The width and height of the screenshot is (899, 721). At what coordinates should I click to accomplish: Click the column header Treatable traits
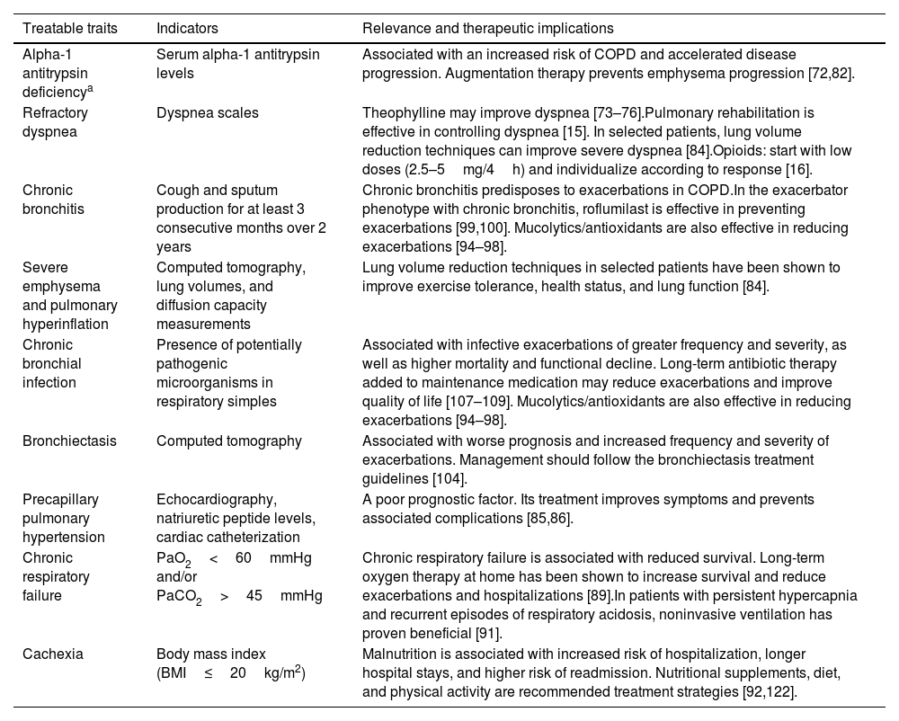(x=70, y=28)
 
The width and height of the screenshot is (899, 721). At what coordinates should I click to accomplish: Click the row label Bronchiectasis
(x=69, y=441)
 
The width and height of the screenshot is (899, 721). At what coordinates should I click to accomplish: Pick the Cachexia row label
(x=53, y=654)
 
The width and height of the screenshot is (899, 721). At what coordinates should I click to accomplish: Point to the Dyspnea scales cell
(x=207, y=113)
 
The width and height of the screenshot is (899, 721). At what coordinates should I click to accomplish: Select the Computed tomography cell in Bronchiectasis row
(x=228, y=441)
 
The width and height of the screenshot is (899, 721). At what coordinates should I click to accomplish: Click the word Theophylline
(x=399, y=113)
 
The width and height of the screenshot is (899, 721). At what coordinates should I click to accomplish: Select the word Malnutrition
(x=401, y=654)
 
